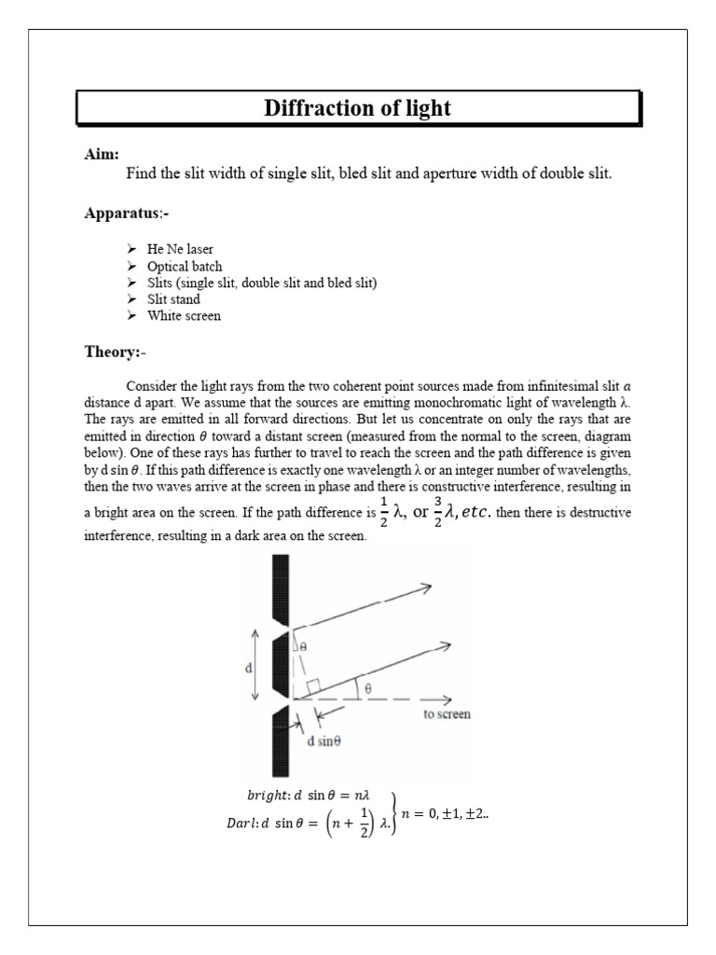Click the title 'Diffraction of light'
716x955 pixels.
(x=357, y=109)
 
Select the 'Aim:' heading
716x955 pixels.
(x=101, y=154)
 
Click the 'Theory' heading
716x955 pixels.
(x=112, y=353)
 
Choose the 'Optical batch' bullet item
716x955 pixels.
(x=185, y=267)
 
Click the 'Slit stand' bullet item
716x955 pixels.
(x=173, y=299)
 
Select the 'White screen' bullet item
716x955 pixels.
(x=184, y=316)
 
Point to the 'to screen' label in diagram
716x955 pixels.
(x=447, y=714)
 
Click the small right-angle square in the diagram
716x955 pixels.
(x=312, y=687)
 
